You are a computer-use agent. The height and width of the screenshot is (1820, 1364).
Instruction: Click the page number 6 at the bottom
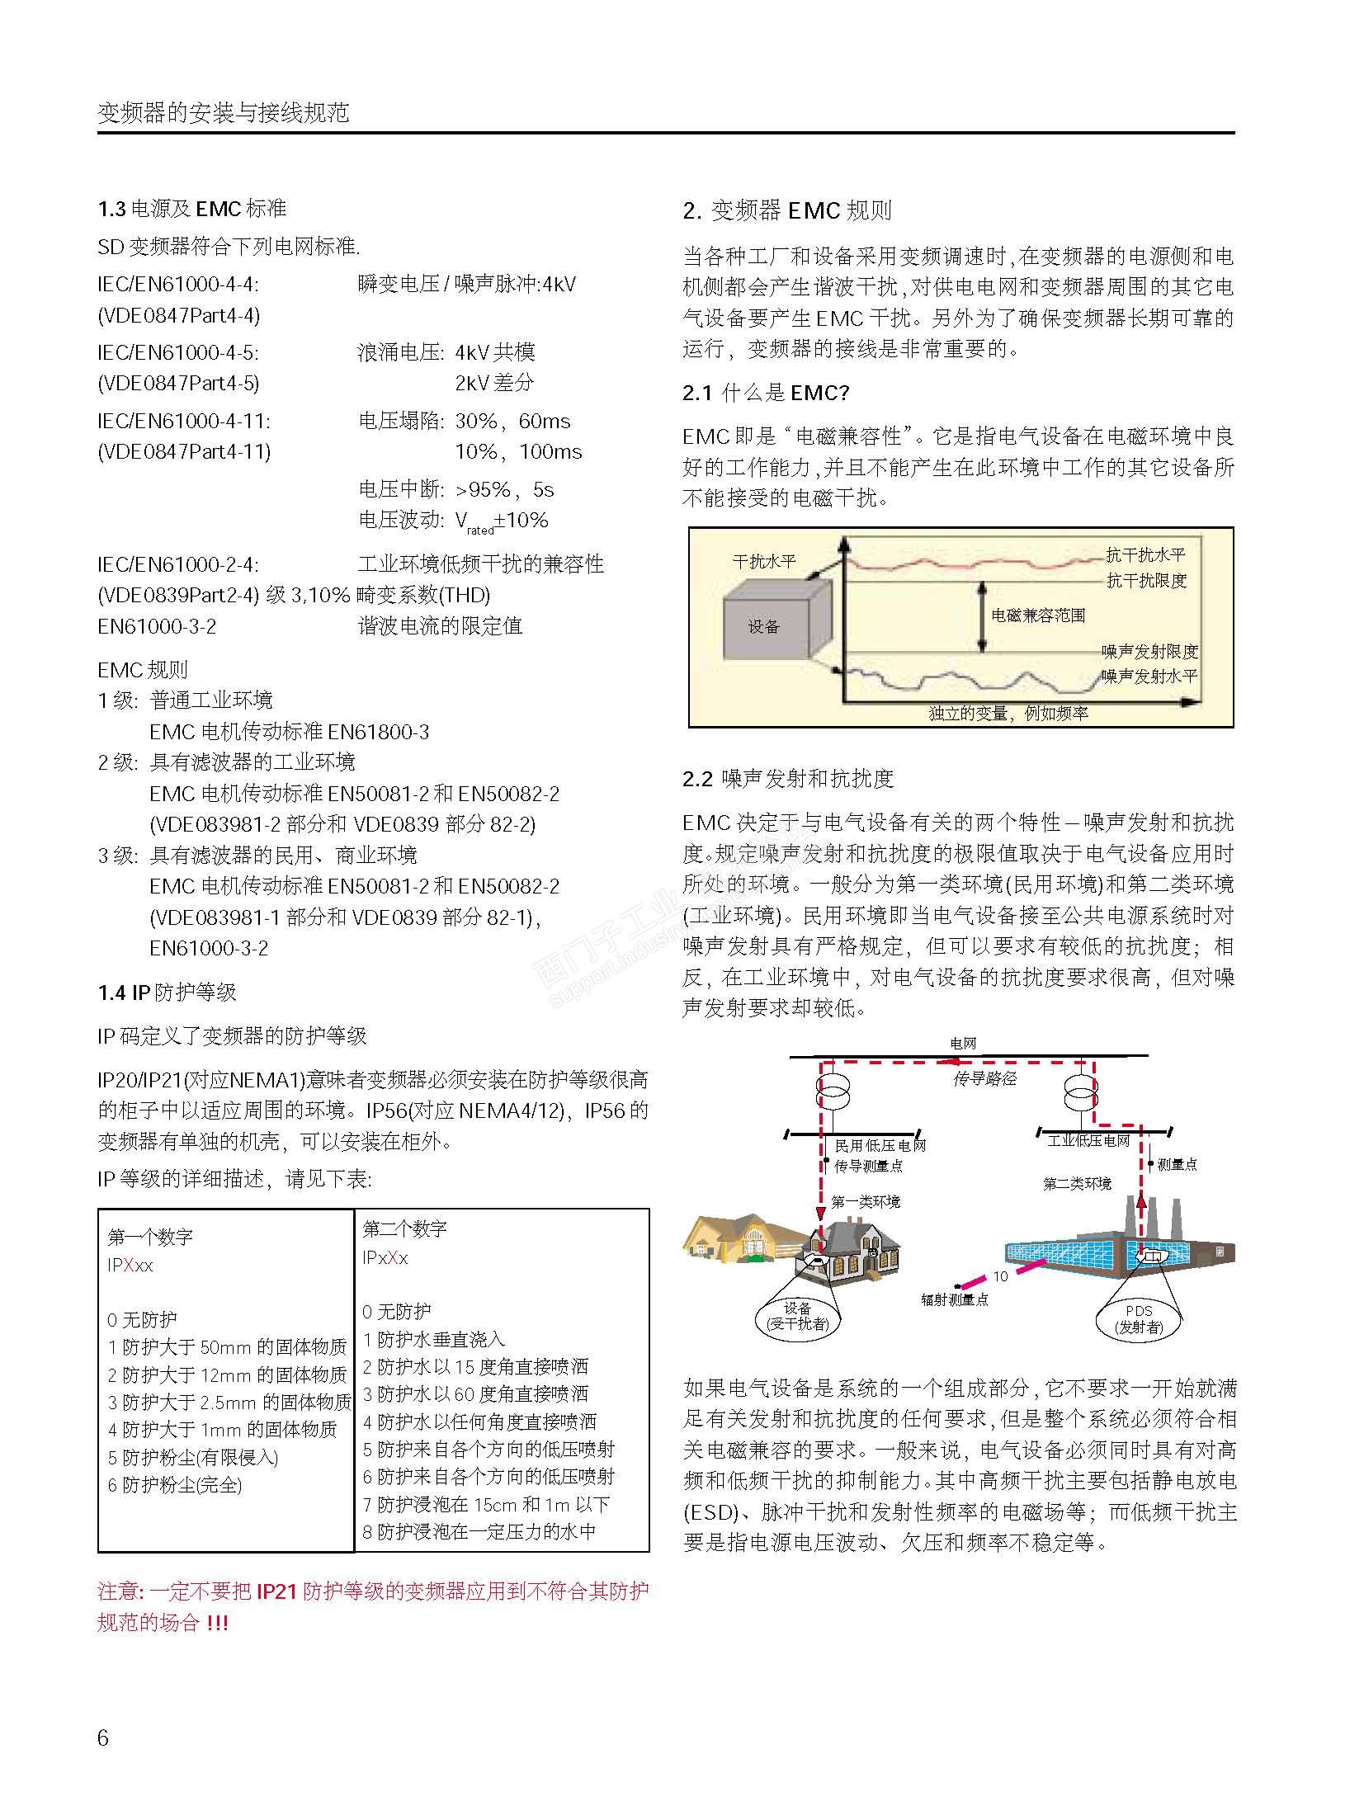click(x=103, y=1738)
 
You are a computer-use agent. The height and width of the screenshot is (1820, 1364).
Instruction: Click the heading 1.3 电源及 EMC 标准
click(x=192, y=209)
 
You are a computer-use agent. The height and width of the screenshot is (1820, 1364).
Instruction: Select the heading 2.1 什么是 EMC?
click(x=765, y=393)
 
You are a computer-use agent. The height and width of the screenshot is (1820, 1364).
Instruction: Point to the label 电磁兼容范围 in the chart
click(x=1037, y=615)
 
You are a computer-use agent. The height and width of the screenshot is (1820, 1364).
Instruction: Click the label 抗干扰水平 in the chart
click(x=1145, y=555)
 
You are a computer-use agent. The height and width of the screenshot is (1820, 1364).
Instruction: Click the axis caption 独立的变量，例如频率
click(x=1008, y=714)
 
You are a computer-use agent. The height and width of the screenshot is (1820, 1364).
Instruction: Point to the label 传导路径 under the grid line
click(x=984, y=1078)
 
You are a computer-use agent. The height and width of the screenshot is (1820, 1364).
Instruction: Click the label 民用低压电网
click(x=880, y=1145)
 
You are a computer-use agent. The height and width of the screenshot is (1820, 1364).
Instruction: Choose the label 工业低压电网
click(x=1088, y=1141)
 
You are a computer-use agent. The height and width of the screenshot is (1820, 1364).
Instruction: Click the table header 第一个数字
click(x=150, y=1237)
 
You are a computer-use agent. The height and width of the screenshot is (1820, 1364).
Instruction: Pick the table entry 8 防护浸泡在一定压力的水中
click(x=479, y=1532)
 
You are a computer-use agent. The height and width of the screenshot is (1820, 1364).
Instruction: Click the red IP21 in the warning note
click(x=276, y=1591)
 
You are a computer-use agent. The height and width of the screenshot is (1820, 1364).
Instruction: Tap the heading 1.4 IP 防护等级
click(x=168, y=992)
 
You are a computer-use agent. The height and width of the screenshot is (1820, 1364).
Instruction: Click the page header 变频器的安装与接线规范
click(x=224, y=113)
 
